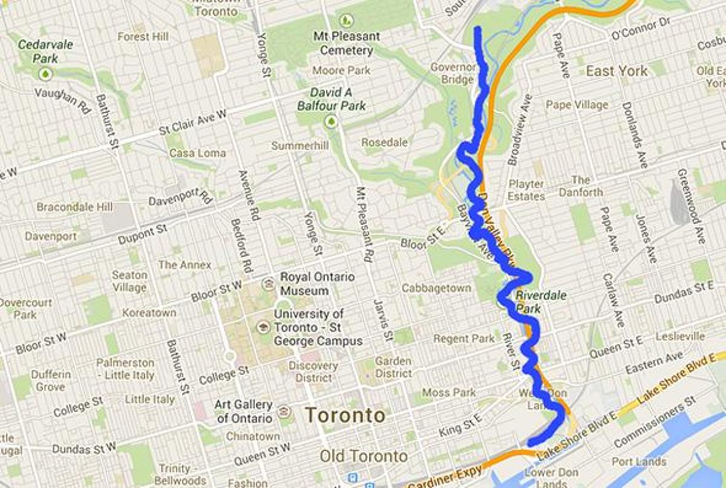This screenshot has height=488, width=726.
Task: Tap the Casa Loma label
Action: tap(197, 153)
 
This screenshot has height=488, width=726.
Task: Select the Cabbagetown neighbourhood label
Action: tap(436, 288)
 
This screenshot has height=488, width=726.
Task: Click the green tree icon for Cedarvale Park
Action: tap(45, 74)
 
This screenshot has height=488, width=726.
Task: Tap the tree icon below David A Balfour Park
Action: tap(332, 122)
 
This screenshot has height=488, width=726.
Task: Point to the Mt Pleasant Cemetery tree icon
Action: tap(347, 20)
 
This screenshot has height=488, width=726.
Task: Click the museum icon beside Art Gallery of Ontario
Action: tap(283, 412)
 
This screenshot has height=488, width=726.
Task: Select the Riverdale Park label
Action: tap(532, 302)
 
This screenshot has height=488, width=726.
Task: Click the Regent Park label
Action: tap(464, 339)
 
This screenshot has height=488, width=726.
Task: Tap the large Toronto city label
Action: tap(345, 415)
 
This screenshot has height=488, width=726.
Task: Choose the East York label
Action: tap(616, 71)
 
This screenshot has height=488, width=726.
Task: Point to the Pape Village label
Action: tap(577, 105)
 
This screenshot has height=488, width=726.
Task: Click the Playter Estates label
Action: tap(526, 190)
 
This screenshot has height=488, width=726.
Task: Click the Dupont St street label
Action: tap(142, 234)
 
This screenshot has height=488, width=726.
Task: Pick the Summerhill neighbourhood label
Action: tap(300, 146)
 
